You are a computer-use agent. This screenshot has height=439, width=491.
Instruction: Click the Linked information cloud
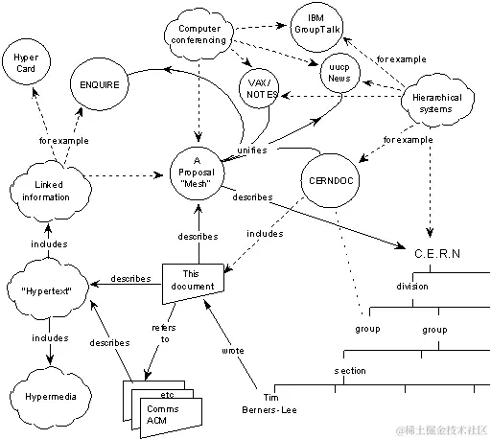pyautogui.click(x=46, y=191)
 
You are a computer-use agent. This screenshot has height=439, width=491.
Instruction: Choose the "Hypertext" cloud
pyautogui.click(x=47, y=287)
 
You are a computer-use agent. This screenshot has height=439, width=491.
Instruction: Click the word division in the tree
pyautogui.click(x=413, y=286)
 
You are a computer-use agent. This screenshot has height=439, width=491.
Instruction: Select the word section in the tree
pyautogui.click(x=349, y=370)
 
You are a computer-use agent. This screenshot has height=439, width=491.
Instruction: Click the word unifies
pyautogui.click(x=250, y=150)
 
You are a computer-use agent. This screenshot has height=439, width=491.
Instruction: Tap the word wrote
pyautogui.click(x=234, y=351)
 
